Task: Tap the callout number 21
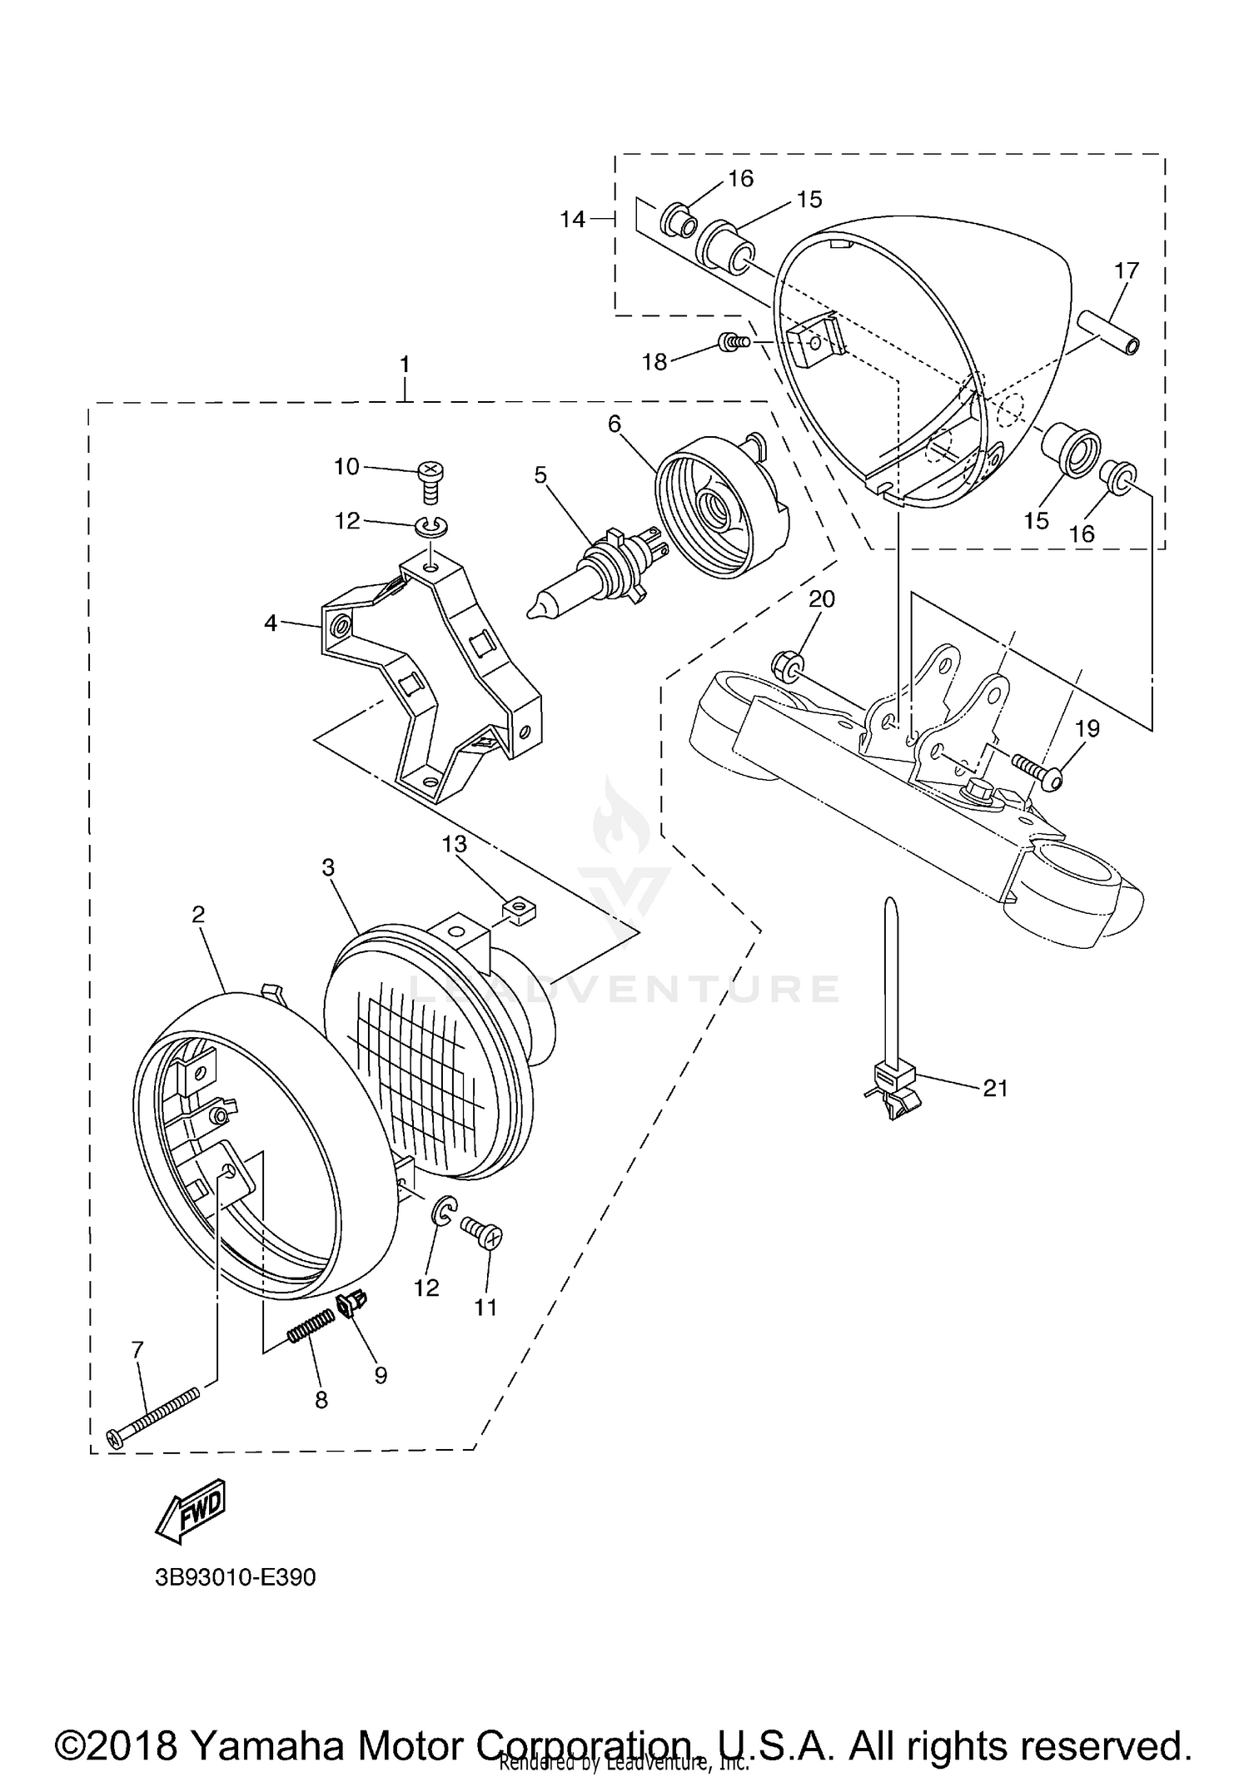tap(995, 1088)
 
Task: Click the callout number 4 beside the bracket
tap(270, 622)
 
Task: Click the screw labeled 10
tap(430, 481)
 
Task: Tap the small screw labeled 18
tap(733, 340)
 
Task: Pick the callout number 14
tap(572, 219)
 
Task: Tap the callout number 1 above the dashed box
tap(405, 364)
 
